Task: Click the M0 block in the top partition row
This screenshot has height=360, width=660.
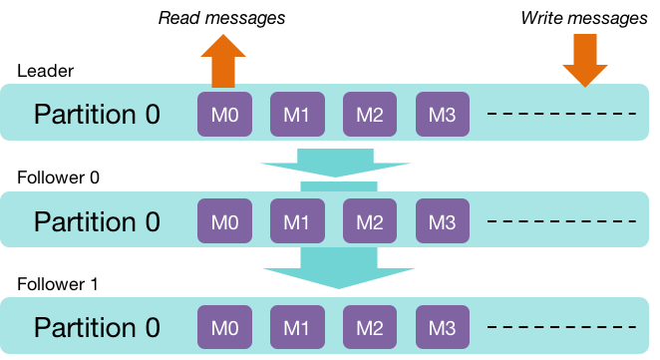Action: point(224,114)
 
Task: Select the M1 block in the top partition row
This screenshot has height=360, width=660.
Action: point(297,114)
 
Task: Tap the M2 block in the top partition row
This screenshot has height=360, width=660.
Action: point(370,114)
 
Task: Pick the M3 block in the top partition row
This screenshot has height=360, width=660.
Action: point(442,114)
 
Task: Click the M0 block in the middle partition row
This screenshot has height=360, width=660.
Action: point(224,219)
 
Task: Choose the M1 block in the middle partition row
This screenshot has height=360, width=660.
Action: point(297,219)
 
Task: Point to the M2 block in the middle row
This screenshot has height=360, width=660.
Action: point(370,219)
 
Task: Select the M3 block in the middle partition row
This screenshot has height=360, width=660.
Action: point(442,219)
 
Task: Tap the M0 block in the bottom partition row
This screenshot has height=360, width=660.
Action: point(224,326)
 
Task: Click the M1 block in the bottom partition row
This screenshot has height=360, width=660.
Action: point(297,326)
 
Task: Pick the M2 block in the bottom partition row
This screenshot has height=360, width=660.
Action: point(370,326)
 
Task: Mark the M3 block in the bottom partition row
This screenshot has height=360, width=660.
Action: point(442,326)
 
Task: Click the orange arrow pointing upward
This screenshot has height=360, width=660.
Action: point(223,60)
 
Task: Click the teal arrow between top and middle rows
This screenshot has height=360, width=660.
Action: point(335,164)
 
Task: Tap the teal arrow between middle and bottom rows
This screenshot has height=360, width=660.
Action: point(338,267)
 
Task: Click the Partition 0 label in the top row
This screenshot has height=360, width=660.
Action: point(97,114)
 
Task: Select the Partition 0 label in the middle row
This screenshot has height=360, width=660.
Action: point(97,219)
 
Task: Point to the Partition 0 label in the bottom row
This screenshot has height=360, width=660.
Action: point(97,326)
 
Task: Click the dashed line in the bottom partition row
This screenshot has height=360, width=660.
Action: point(561,326)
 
